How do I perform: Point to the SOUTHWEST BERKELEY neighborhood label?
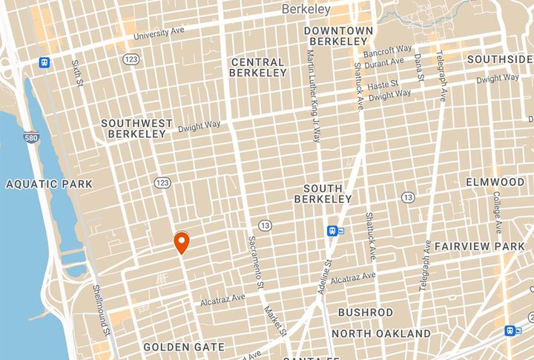click(136, 128)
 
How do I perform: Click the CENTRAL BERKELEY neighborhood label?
click(258, 68)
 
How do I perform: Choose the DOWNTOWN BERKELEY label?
click(338, 36)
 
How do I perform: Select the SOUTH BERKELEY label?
click(323, 194)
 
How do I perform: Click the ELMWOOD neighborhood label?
click(495, 182)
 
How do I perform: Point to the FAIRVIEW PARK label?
click(480, 246)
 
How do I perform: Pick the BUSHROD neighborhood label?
click(366, 312)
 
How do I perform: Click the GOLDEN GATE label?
click(184, 347)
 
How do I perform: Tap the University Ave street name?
click(158, 33)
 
